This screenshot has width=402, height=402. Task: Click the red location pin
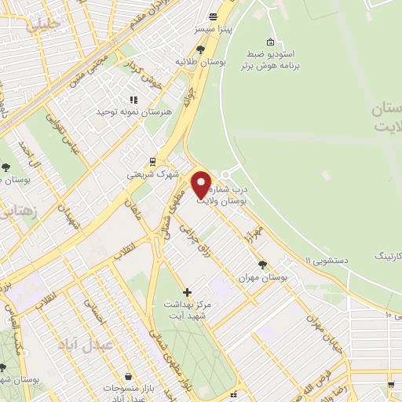202,184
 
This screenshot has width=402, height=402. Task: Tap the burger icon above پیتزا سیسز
213,16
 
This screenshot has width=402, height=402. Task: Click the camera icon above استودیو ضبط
271,42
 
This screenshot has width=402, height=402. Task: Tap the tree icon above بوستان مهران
261,265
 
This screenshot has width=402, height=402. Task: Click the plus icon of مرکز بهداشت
187,292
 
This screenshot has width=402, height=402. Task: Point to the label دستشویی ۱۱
329,258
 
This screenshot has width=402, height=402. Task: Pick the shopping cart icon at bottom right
390,384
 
